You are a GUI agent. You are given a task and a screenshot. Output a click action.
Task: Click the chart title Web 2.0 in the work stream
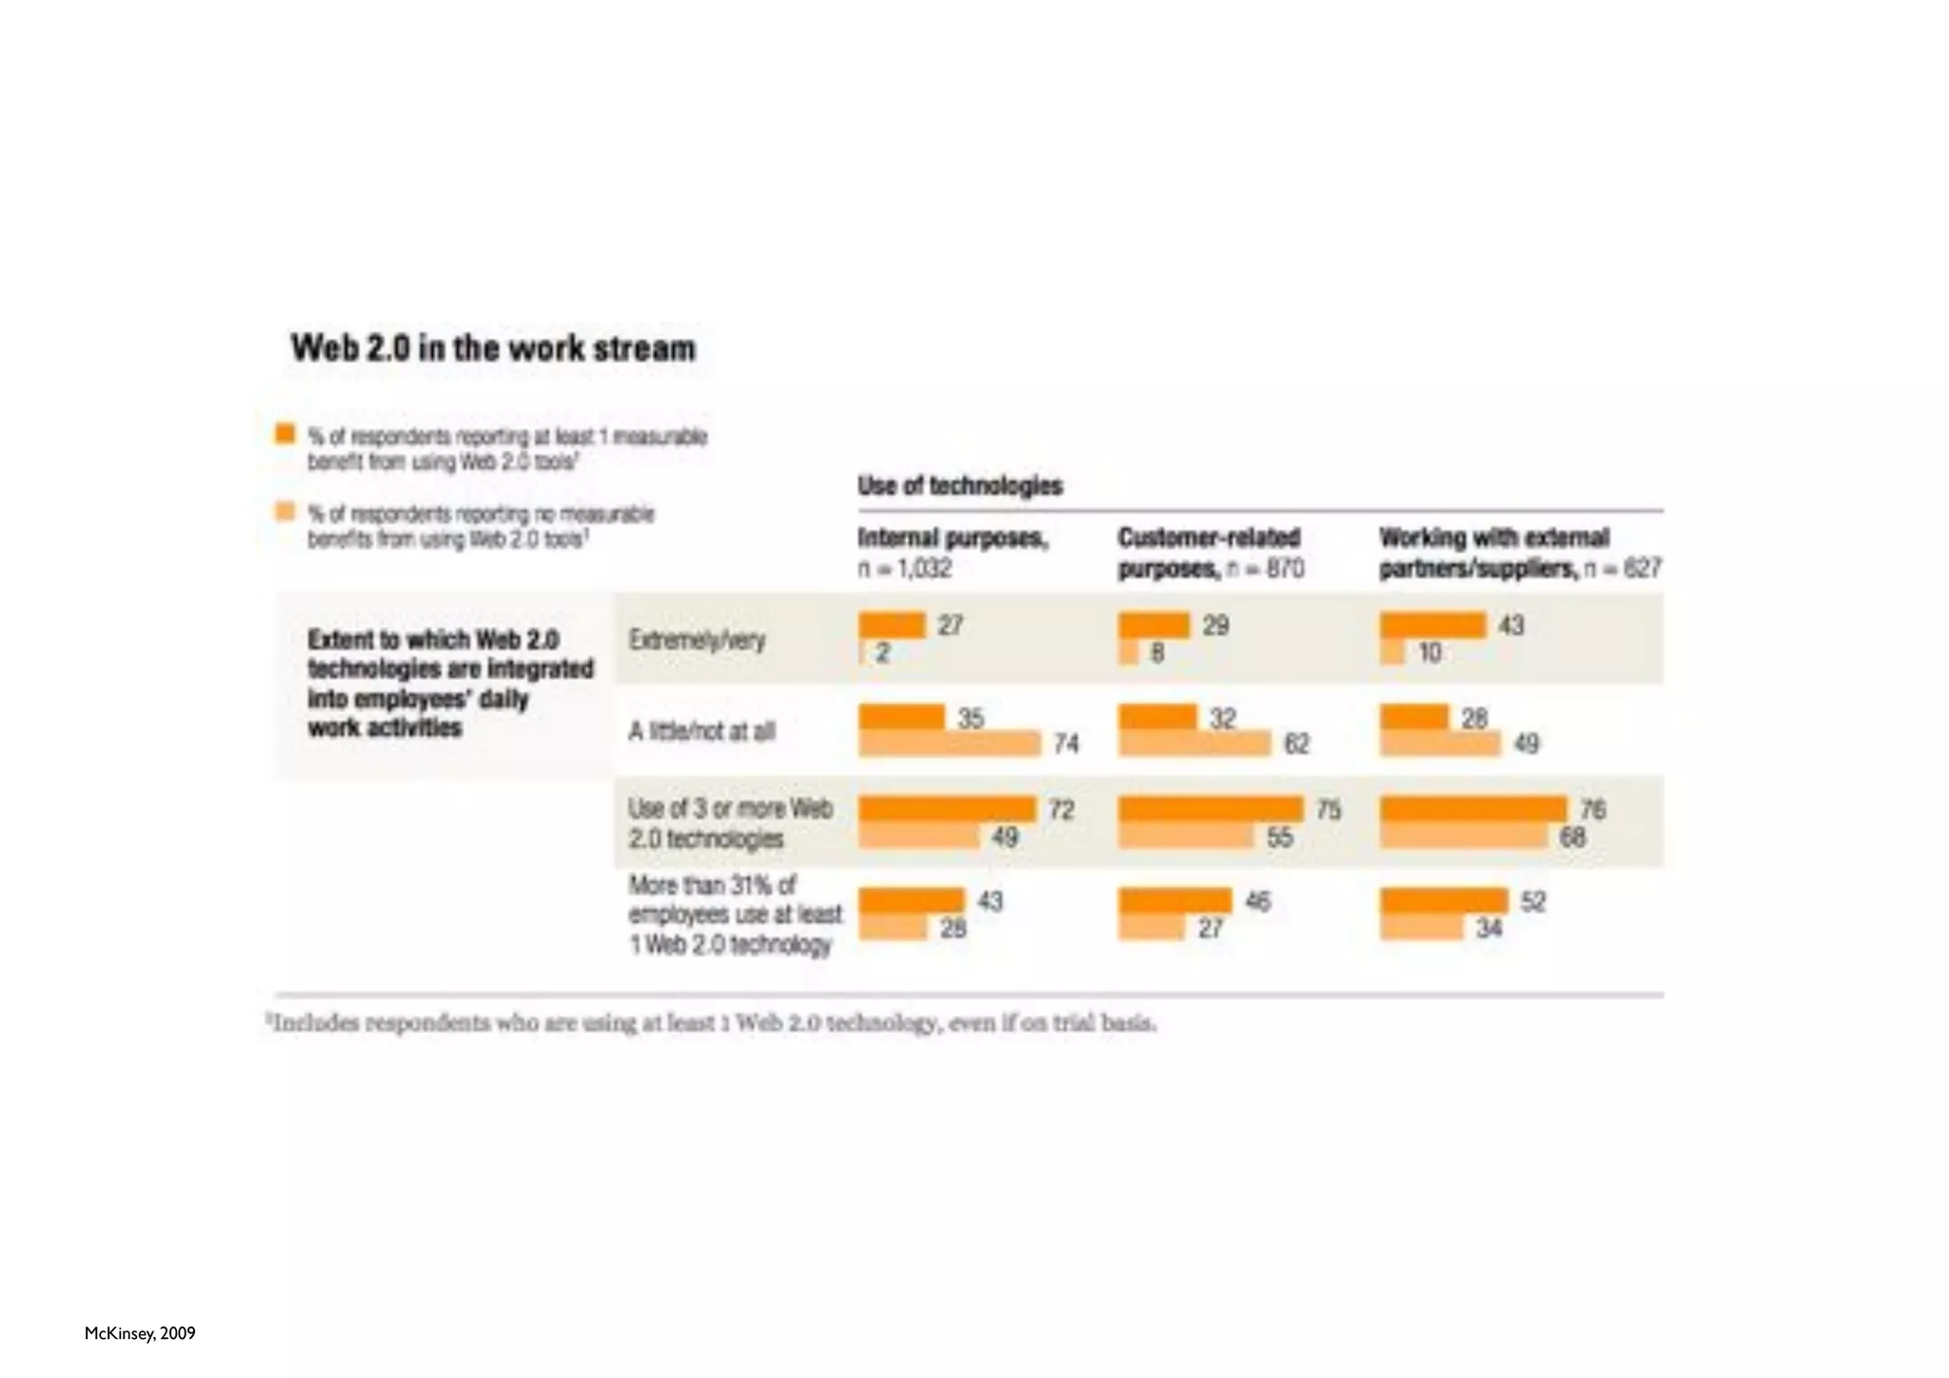pyautogui.click(x=493, y=348)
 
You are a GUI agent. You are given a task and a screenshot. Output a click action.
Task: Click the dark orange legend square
pyautogui.click(x=285, y=434)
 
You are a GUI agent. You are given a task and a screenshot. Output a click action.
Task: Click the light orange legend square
pyautogui.click(x=285, y=512)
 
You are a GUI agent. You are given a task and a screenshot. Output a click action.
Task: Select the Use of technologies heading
pyautogui.click(x=959, y=486)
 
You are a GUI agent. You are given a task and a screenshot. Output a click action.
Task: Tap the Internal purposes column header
pyautogui.click(x=953, y=552)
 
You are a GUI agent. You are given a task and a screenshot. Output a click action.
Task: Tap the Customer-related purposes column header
pyautogui.click(x=1210, y=552)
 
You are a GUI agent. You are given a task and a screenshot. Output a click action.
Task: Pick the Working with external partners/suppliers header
pyautogui.click(x=1519, y=552)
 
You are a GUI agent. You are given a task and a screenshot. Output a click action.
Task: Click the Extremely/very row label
pyautogui.click(x=697, y=640)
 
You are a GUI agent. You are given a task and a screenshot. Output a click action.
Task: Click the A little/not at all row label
pyautogui.click(x=701, y=732)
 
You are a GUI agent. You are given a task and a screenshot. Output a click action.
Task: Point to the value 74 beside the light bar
pyautogui.click(x=1066, y=744)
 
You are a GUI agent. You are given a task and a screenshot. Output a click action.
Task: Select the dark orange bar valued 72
pyautogui.click(x=946, y=809)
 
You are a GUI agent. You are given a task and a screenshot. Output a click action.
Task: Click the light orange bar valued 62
pyautogui.click(x=1194, y=744)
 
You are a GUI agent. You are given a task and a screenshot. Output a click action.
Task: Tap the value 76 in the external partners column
pyautogui.click(x=1592, y=810)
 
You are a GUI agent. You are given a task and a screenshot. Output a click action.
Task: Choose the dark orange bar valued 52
pyautogui.click(x=1444, y=900)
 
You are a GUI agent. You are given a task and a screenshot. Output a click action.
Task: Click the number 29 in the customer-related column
pyautogui.click(x=1215, y=625)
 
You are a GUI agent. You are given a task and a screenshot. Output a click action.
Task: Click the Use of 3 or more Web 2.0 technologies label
pyautogui.click(x=730, y=824)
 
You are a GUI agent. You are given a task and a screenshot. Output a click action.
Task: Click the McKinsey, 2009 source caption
pyautogui.click(x=140, y=1333)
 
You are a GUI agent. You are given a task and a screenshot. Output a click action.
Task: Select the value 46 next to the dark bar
pyautogui.click(x=1257, y=901)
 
